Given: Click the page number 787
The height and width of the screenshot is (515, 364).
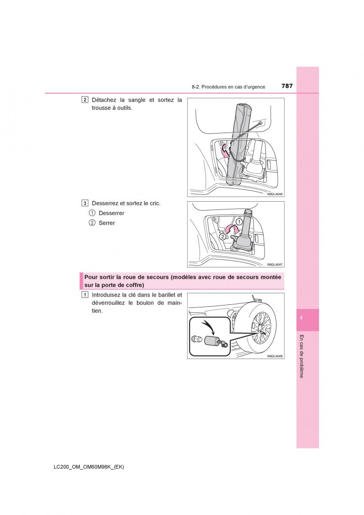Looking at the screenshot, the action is point(287,86).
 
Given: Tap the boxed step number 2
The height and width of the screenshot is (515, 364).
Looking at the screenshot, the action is point(85,100).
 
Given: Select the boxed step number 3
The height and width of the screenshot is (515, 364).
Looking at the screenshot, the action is point(85,203).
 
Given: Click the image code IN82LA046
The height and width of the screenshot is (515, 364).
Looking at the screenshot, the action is point(275,194).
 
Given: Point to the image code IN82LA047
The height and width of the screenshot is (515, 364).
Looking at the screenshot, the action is point(275,265).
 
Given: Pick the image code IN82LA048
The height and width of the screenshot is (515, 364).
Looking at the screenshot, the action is point(275,356).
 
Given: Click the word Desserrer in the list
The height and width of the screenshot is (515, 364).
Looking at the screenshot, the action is point(112,213).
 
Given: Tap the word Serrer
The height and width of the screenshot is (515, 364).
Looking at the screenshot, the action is point(107,223).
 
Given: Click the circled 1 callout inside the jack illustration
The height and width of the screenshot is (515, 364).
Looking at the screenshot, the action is point(240,222).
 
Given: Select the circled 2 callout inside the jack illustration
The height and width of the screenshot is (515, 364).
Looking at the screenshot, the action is point(222,236).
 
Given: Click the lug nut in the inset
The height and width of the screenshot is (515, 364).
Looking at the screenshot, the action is point(196,339).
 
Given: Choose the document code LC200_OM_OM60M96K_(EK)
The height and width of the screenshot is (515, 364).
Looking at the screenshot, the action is point(89,467).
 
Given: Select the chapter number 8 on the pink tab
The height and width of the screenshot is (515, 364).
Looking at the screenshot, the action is point(301,318).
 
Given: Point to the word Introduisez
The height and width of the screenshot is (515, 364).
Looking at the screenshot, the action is point(106,295).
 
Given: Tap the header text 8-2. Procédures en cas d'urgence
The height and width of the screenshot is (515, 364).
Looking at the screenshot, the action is point(228,87).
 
